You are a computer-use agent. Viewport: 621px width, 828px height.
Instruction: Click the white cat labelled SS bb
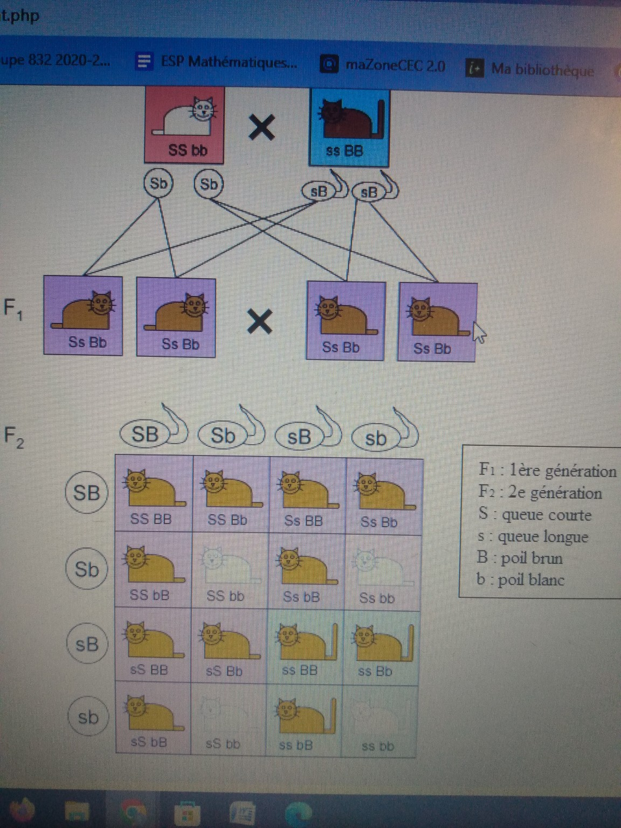click(184, 124)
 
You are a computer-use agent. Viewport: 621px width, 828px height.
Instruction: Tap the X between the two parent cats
click(262, 128)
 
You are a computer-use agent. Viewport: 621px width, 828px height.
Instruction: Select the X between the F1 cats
click(259, 322)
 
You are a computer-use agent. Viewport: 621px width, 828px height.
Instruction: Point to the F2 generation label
click(13, 437)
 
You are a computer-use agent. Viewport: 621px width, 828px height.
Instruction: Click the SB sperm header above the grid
click(146, 434)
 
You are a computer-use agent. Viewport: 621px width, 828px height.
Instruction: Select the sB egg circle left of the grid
click(86, 644)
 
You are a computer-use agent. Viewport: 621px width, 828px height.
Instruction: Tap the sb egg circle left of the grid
click(88, 717)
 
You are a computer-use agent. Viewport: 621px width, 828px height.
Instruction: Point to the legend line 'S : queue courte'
click(535, 515)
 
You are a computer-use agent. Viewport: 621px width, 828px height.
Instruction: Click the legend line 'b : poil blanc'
click(521, 580)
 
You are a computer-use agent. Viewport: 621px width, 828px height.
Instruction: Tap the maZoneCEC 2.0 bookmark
click(384, 65)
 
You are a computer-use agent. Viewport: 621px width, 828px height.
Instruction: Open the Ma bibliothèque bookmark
click(530, 70)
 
